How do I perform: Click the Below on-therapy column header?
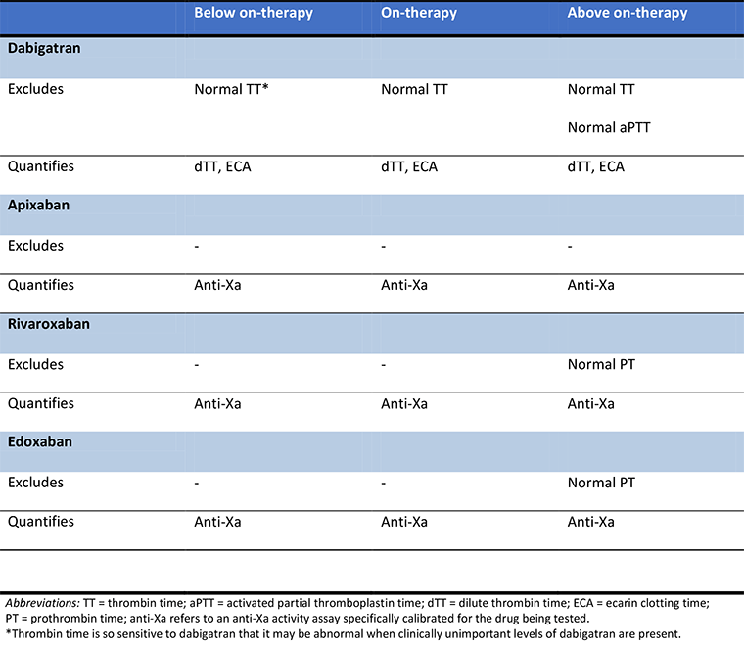click(x=253, y=14)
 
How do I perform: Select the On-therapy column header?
click(x=419, y=14)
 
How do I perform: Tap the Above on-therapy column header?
click(x=628, y=14)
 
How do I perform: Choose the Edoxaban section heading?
click(x=40, y=442)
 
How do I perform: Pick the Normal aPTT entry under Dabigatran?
click(x=609, y=127)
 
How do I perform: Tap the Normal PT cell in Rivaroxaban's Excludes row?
click(x=601, y=365)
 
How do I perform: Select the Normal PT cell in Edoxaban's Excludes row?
click(x=601, y=483)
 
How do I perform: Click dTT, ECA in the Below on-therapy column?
click(x=223, y=167)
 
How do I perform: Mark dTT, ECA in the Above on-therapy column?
click(x=596, y=167)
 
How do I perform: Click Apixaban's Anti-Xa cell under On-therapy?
click(x=404, y=286)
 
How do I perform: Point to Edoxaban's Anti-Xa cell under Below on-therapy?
click(x=218, y=522)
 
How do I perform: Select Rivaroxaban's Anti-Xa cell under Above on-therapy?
click(x=591, y=403)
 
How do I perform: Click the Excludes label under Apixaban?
click(x=35, y=246)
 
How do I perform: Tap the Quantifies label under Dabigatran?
click(x=41, y=167)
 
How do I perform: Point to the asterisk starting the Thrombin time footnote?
click(x=7, y=632)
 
